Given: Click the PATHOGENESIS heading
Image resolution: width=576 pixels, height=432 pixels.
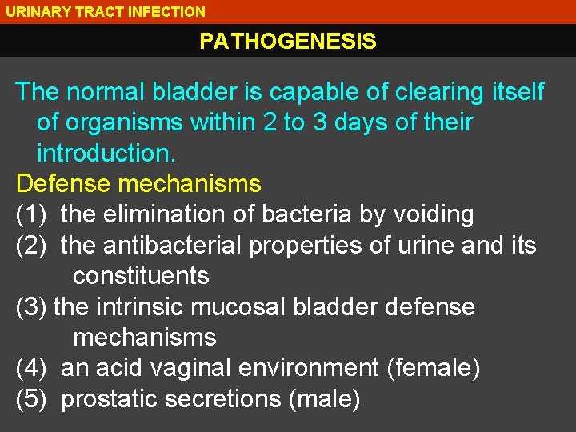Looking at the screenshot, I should coord(288,42).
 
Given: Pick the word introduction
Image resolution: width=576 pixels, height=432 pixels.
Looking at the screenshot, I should coord(106,154).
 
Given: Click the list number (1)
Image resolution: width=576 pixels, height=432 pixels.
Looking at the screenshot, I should coord(32,214).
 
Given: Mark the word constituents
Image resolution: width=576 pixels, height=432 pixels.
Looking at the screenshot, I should coord(141,276).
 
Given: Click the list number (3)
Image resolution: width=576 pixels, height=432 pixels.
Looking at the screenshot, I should coord(32,307).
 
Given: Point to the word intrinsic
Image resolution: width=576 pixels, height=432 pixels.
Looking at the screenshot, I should coord(138,307).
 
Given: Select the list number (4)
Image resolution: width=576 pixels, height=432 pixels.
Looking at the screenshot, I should coord(32,368).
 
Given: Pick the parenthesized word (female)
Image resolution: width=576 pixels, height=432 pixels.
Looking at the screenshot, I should coord(433,368).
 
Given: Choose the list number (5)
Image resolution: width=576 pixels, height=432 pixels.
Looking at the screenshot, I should coord(32,398).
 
